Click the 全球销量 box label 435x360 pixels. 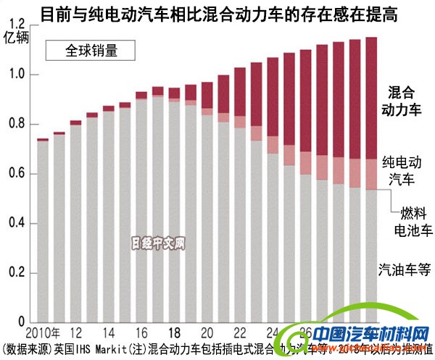pyautogui.click(x=91, y=51)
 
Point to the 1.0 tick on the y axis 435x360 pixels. pyautogui.click(x=16, y=75)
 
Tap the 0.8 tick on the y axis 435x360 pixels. pyautogui.click(x=16, y=124)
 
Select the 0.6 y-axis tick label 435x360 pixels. pyautogui.click(x=16, y=174)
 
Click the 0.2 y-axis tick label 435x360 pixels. pyautogui.click(x=16, y=273)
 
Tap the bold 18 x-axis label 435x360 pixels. pyautogui.click(x=173, y=332)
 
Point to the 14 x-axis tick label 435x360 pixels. pyautogui.click(x=108, y=332)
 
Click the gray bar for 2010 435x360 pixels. pyautogui.click(x=43, y=232)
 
